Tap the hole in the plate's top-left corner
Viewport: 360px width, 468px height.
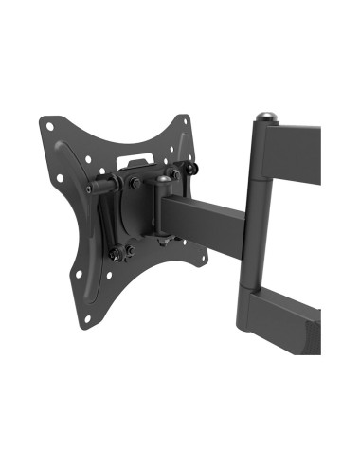[x=49, y=122]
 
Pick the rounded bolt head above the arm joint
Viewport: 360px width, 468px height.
[x=164, y=178]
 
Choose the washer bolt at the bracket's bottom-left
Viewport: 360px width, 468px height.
[x=117, y=255]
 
